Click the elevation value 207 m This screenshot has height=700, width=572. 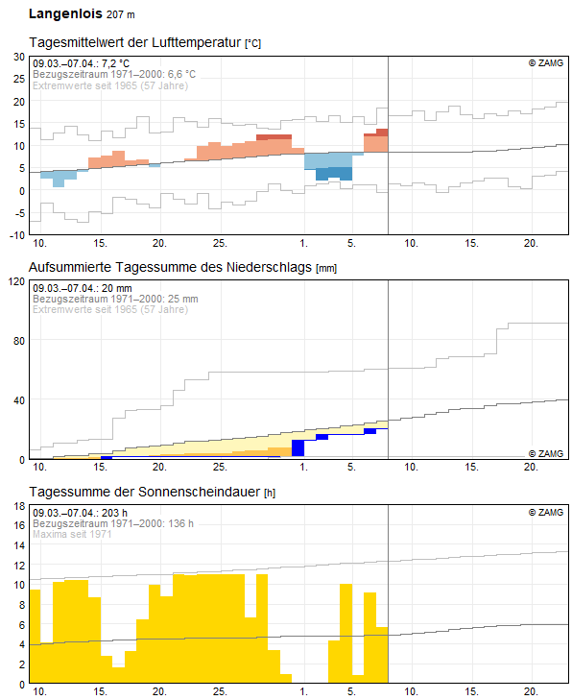tap(121, 14)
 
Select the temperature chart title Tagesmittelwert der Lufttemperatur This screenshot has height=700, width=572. tap(135, 42)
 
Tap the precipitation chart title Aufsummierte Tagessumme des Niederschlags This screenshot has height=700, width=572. tap(170, 267)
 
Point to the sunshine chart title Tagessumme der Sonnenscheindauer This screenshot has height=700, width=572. tap(145, 492)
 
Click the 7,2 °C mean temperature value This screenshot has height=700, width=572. tap(115, 63)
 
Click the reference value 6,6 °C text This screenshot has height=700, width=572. tap(181, 74)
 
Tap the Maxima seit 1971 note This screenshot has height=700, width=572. tap(72, 534)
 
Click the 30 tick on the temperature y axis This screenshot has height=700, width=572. tap(19, 57)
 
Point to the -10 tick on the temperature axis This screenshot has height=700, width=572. tap(17, 235)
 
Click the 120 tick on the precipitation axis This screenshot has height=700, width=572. tap(16, 281)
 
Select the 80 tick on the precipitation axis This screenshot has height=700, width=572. tap(19, 341)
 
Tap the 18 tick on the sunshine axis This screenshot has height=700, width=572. tap(19, 506)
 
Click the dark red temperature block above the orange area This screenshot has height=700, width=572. tap(274, 137)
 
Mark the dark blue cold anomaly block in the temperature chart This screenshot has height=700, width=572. tap(334, 174)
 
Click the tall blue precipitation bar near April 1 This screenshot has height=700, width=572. tap(298, 447)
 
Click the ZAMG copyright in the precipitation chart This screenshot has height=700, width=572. tap(546, 453)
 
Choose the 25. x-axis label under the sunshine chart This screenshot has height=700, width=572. tap(220, 691)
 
